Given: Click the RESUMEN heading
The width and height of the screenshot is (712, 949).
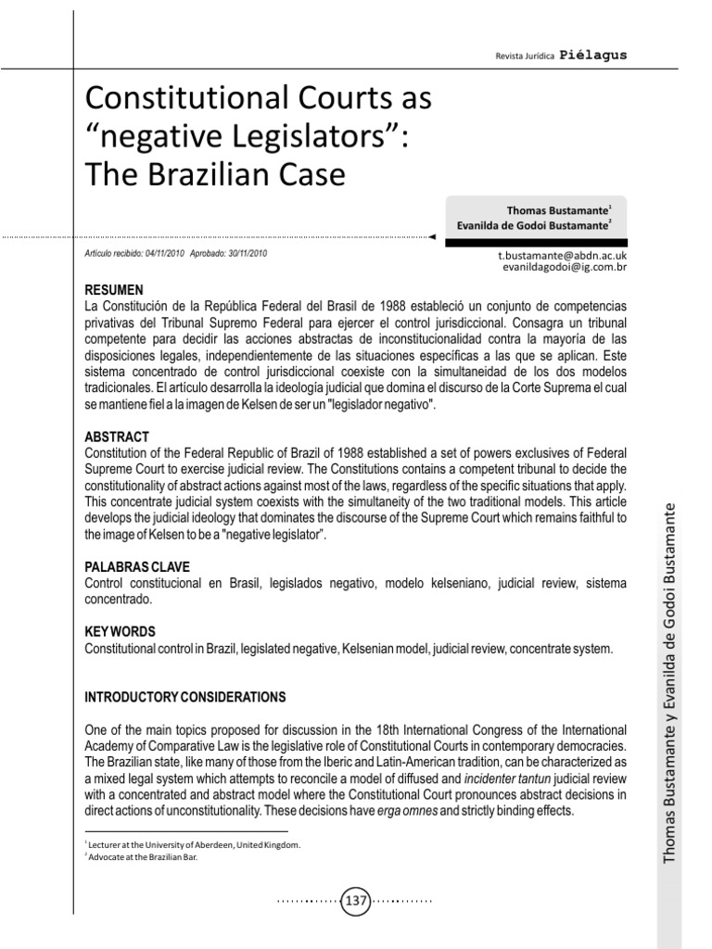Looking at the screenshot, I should (x=114, y=290).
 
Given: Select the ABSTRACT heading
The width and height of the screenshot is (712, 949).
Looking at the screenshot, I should (x=116, y=436).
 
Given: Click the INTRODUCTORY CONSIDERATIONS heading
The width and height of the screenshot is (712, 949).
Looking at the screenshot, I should (x=185, y=696).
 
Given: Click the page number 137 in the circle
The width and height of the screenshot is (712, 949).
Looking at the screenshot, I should (x=357, y=900).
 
